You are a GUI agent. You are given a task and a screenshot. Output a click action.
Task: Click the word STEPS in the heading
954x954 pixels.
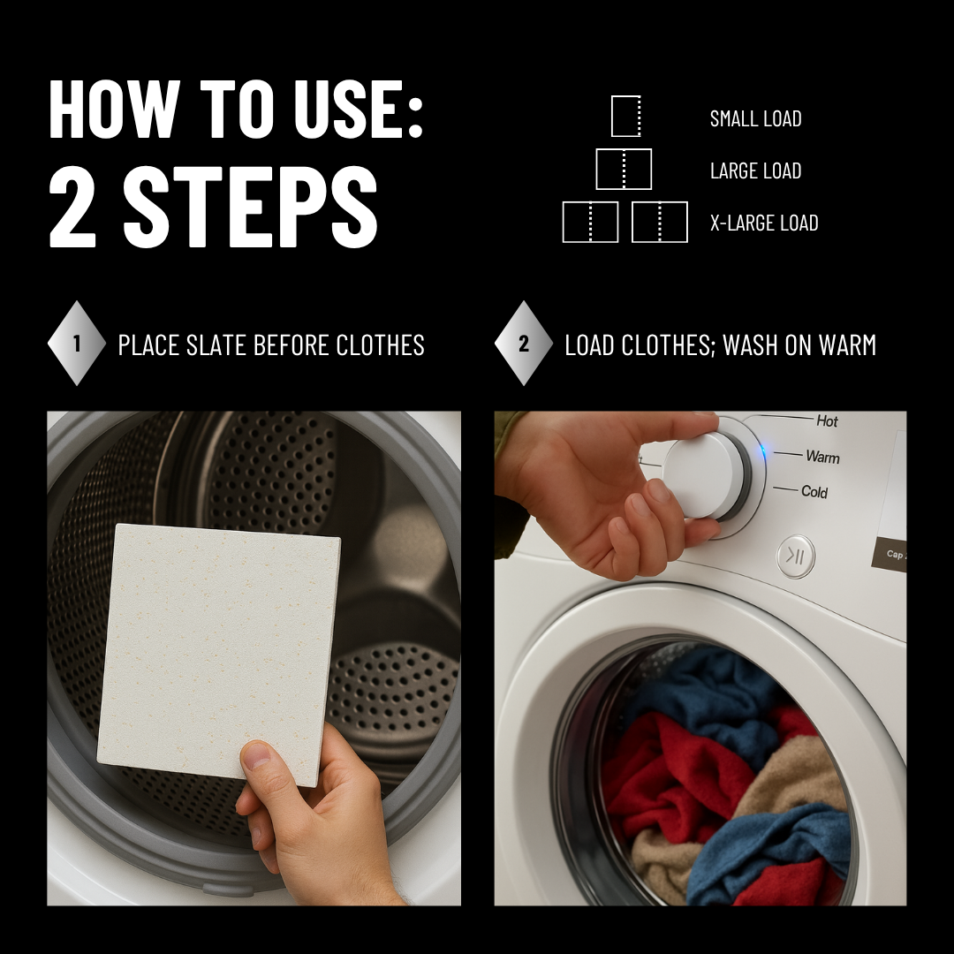pyautogui.click(x=250, y=210)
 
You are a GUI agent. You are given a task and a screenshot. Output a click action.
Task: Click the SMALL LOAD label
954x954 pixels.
pyautogui.click(x=755, y=118)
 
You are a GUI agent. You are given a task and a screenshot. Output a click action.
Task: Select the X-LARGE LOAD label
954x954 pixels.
pyautogui.click(x=764, y=223)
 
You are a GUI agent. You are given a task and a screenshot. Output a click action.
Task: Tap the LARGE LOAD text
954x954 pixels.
pyautogui.click(x=755, y=170)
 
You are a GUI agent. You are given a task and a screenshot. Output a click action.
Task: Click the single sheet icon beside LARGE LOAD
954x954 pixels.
pyautogui.click(x=624, y=170)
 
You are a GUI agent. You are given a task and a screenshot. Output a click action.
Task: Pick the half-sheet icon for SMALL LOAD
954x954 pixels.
pyautogui.click(x=625, y=117)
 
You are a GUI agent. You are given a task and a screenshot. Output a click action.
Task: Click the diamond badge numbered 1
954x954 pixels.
pyautogui.click(x=77, y=344)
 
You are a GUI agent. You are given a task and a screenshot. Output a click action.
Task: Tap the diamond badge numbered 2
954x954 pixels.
pyautogui.click(x=524, y=344)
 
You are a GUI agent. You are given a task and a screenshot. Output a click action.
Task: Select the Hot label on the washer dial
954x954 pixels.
pyautogui.click(x=827, y=421)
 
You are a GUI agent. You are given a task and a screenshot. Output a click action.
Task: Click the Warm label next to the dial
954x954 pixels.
pyautogui.click(x=822, y=457)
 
